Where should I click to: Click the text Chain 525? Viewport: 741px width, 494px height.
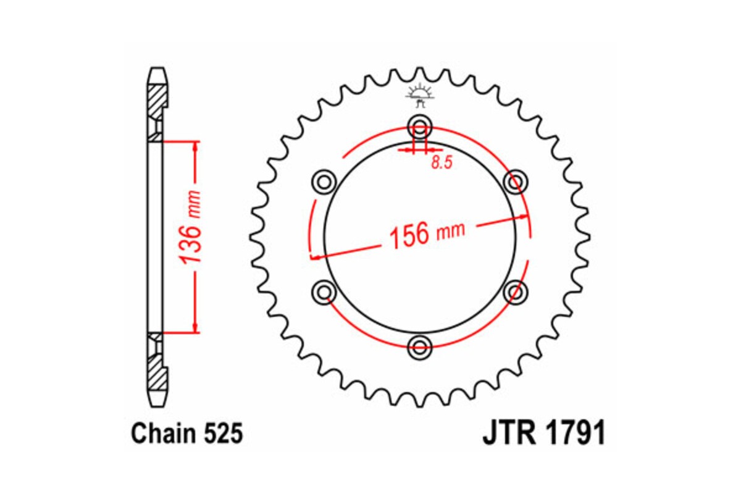pyautogui.click(x=186, y=435)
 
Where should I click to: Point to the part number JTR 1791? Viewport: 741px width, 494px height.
pyautogui.click(x=543, y=434)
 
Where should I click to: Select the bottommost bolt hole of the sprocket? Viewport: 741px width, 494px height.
pyautogui.click(x=420, y=347)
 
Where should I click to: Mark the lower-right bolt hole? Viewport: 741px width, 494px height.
pyautogui.click(x=516, y=291)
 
